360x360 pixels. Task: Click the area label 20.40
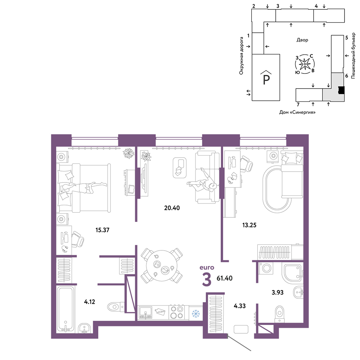(x=172, y=208)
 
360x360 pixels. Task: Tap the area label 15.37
(x=102, y=230)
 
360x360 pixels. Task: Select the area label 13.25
(x=249, y=225)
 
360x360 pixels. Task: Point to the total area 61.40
(x=225, y=278)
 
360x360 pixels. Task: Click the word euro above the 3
(x=207, y=268)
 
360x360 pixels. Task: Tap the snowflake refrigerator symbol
(x=196, y=314)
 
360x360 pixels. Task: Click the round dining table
(x=162, y=266)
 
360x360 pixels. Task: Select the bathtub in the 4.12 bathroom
(x=66, y=309)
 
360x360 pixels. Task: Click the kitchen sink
(x=145, y=313)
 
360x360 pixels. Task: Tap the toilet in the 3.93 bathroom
(x=279, y=314)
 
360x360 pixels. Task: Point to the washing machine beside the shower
(x=266, y=268)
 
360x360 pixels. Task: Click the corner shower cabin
(x=293, y=275)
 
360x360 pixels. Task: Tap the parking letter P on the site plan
(x=266, y=80)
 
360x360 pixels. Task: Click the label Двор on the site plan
(x=302, y=40)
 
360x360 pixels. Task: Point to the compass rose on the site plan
(x=305, y=64)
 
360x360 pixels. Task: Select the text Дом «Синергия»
(x=297, y=112)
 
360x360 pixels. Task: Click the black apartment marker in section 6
(x=341, y=90)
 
